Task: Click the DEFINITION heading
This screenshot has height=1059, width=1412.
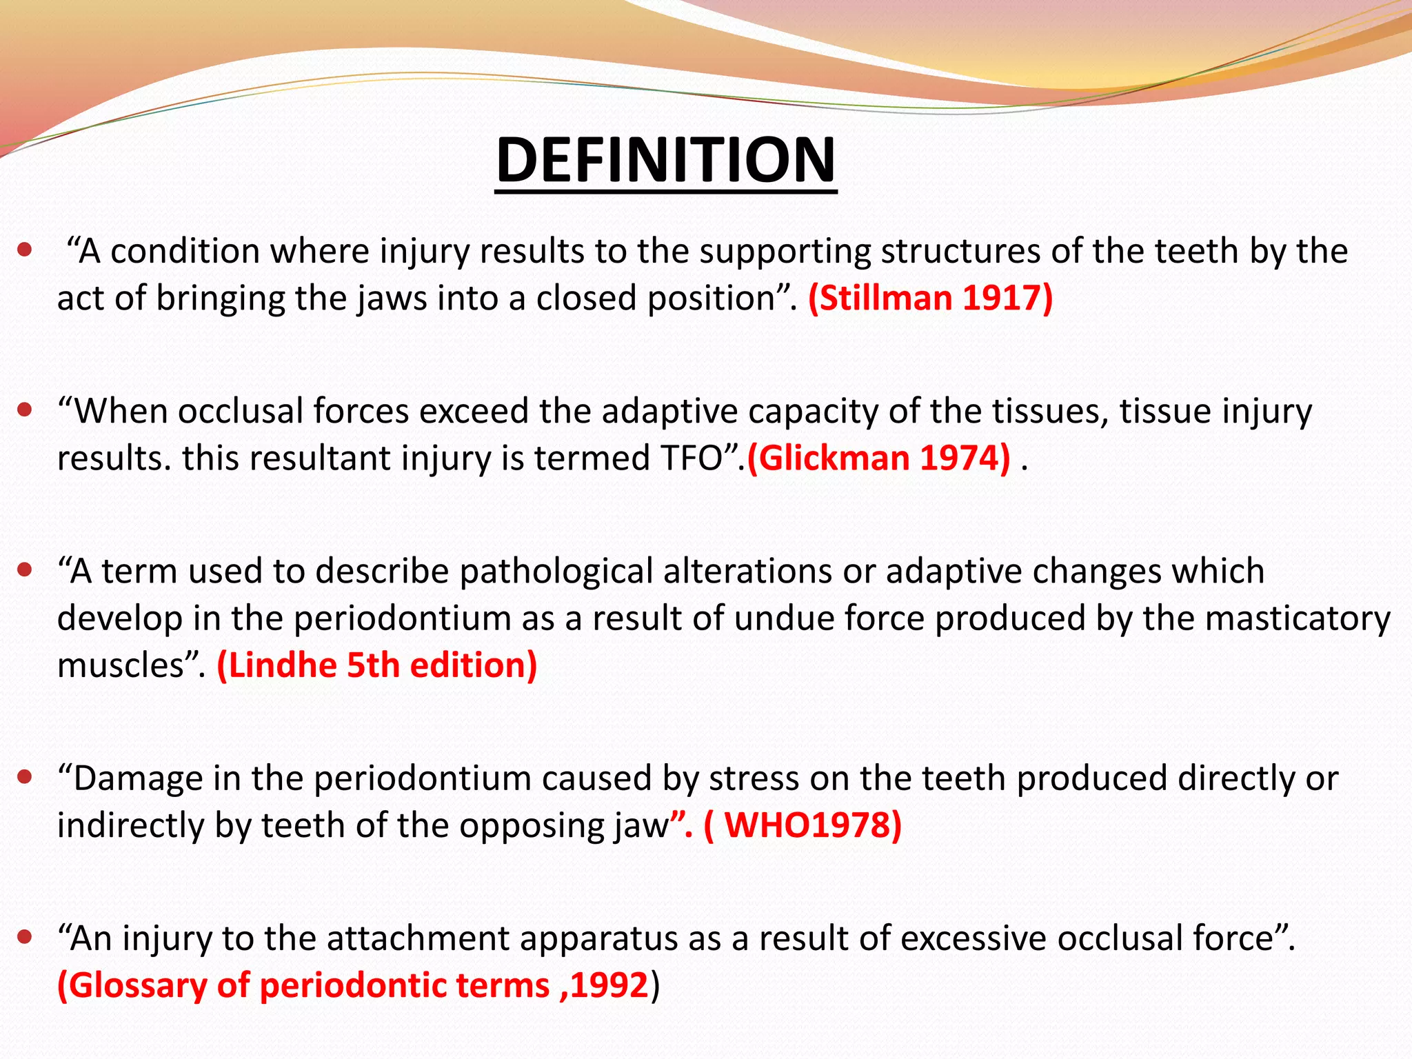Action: coord(666,160)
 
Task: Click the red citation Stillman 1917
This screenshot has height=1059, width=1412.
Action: coord(930,298)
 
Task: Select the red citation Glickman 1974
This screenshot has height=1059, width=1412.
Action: coord(879,458)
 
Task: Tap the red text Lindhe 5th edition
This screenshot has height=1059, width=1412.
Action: coord(377,665)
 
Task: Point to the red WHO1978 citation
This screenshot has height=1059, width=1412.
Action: coord(803,825)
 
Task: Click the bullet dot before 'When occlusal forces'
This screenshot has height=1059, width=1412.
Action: coord(26,411)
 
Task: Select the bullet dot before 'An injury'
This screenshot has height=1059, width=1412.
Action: coord(26,938)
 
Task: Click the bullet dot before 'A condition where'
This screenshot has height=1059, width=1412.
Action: coord(26,250)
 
